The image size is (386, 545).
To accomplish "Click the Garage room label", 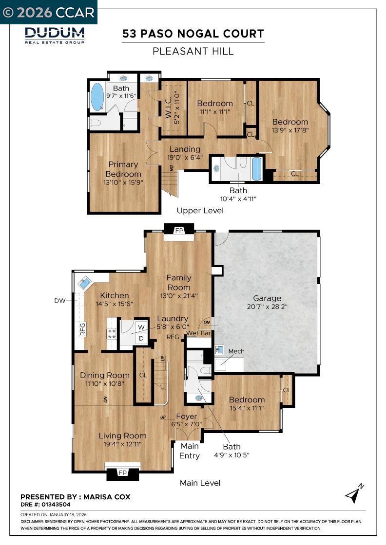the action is point(267,298).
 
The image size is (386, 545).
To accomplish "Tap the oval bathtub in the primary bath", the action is point(97,97).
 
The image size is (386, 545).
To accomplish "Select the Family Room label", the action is point(179,283).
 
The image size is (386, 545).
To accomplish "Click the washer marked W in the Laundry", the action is point(141,327).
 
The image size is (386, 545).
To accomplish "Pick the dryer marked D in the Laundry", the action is point(141,338).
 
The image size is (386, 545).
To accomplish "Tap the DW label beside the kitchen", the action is point(60,300).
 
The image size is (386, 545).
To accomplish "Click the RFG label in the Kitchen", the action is point(82,329).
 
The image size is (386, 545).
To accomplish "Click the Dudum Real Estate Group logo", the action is point(55,35).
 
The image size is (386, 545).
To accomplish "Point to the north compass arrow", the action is point(354,493).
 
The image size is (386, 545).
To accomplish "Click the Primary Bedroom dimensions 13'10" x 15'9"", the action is point(123,182).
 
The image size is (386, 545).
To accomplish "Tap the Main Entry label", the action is point(190,451).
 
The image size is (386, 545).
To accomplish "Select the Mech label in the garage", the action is point(236,351).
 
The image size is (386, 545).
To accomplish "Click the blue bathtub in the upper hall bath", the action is point(256,169).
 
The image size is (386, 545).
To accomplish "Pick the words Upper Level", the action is point(200,210).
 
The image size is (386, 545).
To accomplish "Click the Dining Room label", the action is point(105,375).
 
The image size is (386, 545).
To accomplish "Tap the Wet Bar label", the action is point(199,333).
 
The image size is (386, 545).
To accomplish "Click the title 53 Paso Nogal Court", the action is point(193,34).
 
